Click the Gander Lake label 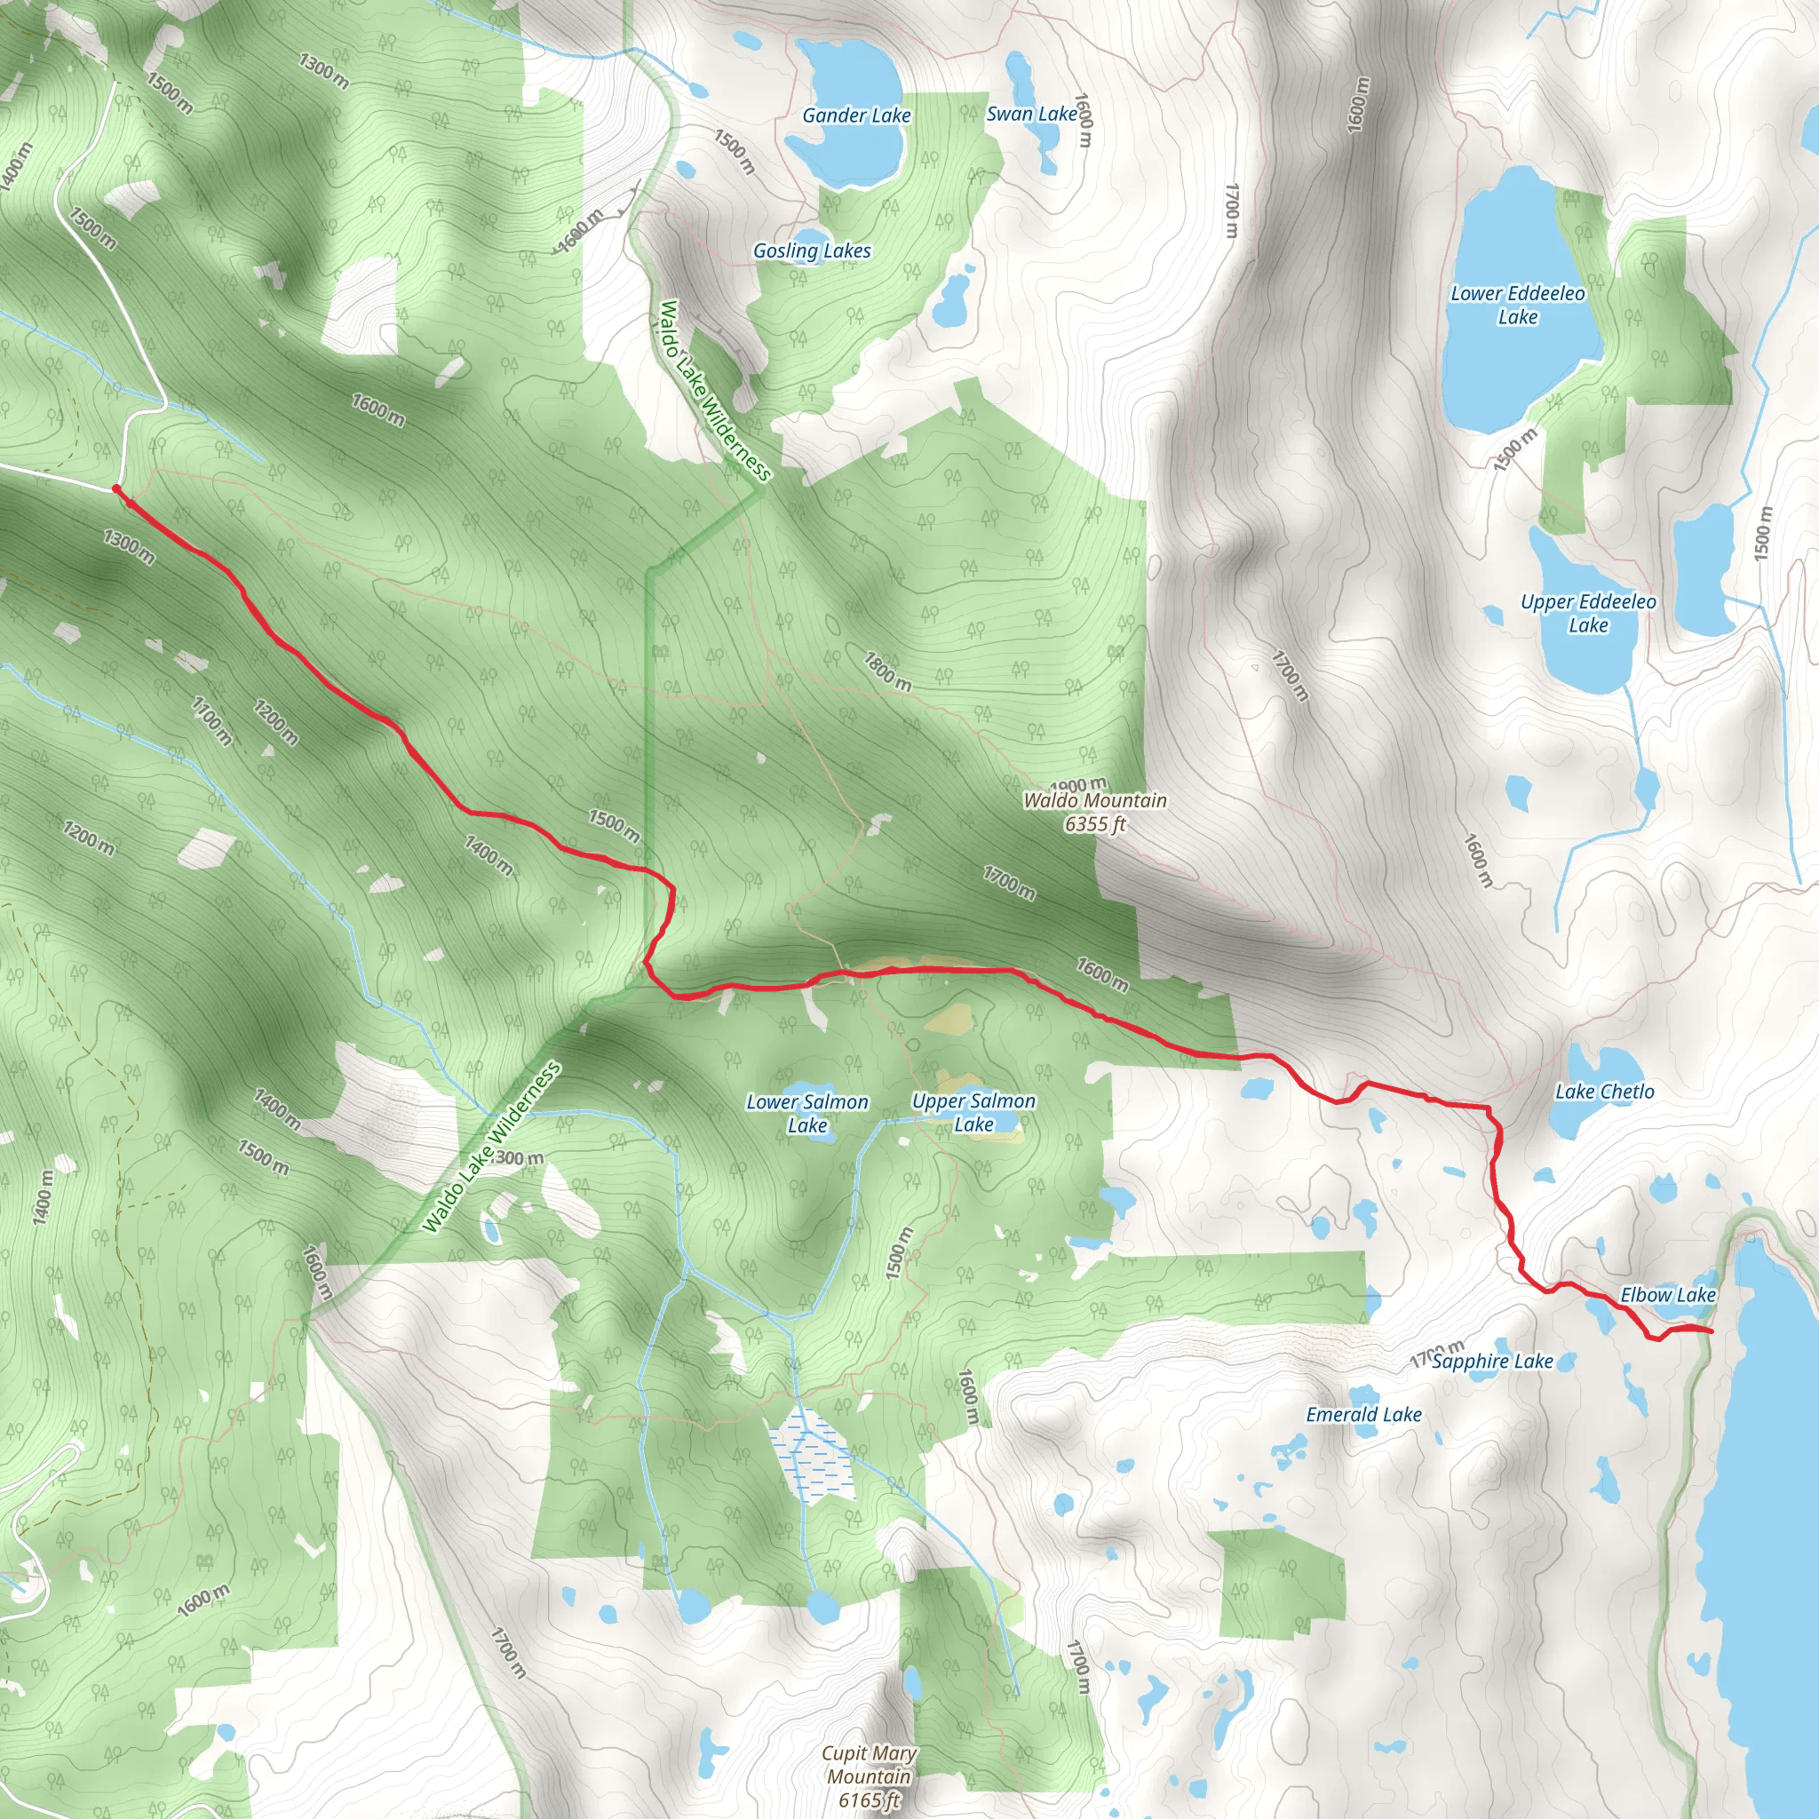856,115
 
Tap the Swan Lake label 1031,114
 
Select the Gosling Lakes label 812,250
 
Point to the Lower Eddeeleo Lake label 1517,305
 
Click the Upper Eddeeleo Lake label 1587,613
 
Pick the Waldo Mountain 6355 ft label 1095,812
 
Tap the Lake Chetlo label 1603,1092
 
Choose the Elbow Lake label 1667,1295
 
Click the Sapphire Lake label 1492,1361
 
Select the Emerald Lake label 1363,1414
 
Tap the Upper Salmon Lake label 973,1112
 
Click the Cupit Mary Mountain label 868,1775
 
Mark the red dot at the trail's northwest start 115,489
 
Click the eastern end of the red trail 1709,1330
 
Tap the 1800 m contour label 887,671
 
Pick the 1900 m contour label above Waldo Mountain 1079,785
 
